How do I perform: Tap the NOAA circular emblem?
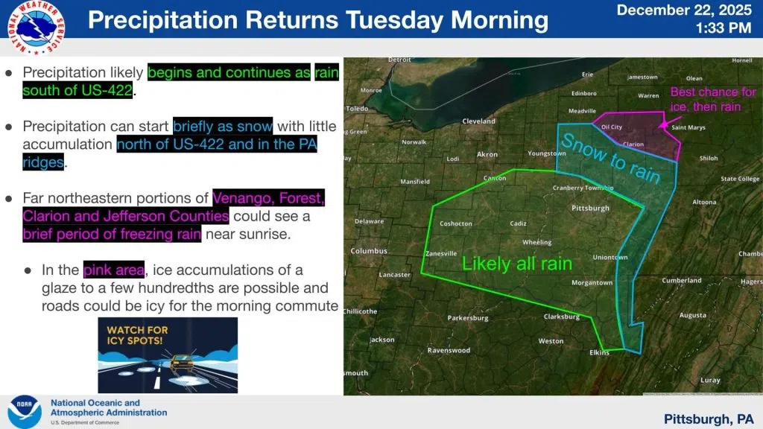coord(24,411)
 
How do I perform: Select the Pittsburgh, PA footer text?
coord(708,419)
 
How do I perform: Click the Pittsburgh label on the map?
coord(590,208)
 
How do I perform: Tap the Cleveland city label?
coord(478,121)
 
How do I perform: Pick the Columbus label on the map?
coord(370,250)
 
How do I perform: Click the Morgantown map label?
coord(592,282)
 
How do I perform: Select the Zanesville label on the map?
coord(440,253)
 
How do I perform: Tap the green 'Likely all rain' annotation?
coord(516,264)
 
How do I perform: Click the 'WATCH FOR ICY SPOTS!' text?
coord(137,334)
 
